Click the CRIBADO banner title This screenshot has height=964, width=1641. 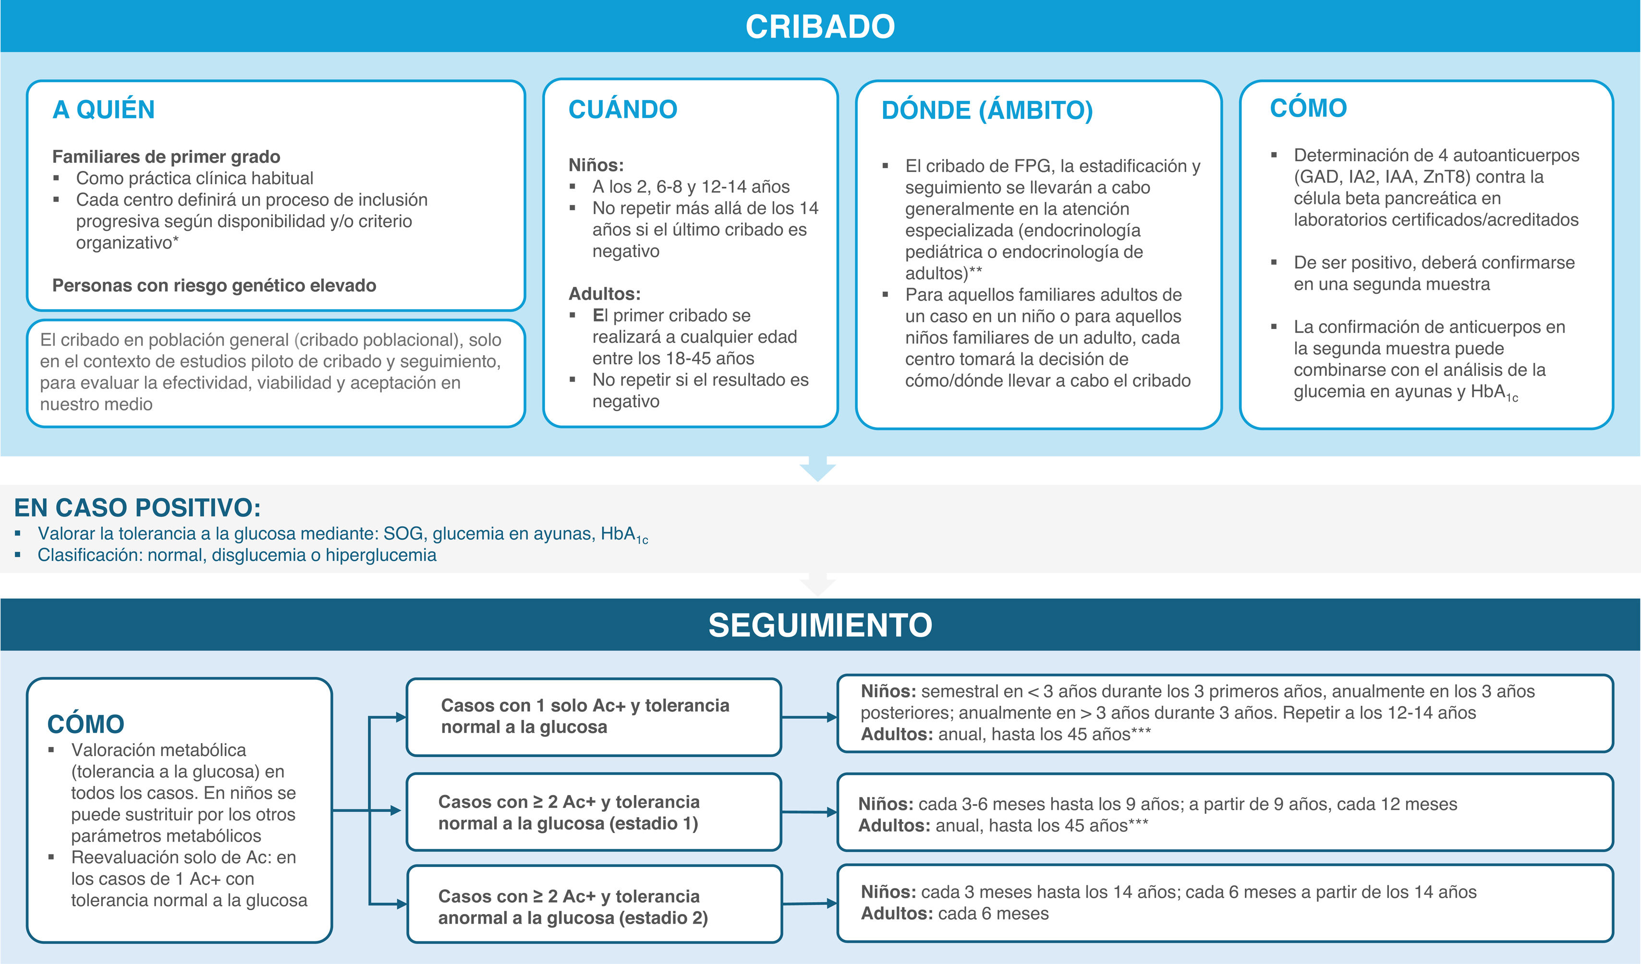click(x=820, y=27)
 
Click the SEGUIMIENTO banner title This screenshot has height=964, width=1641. click(x=820, y=625)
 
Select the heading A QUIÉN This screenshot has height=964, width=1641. click(x=104, y=109)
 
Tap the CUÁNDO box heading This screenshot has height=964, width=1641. click(x=622, y=109)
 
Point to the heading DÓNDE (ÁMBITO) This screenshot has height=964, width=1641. click(x=986, y=110)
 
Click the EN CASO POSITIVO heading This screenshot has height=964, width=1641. click(x=137, y=508)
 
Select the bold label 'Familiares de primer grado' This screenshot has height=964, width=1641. click(x=166, y=157)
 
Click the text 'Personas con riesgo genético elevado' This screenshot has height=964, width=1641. click(x=214, y=286)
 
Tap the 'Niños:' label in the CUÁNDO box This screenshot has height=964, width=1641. click(x=596, y=165)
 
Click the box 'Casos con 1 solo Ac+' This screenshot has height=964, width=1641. click(x=593, y=717)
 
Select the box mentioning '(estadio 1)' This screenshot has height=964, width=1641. click(x=593, y=812)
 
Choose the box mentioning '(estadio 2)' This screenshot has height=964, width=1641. click(x=593, y=907)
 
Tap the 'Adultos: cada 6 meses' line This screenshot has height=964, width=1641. click(x=955, y=914)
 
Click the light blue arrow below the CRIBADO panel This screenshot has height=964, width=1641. click(x=817, y=469)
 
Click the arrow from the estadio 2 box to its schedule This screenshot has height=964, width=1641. click(x=809, y=904)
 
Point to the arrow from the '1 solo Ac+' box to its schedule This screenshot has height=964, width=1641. click(x=809, y=717)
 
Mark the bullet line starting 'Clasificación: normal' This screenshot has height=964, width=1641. click(x=237, y=555)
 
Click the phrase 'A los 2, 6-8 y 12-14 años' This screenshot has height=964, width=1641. click(x=691, y=187)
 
